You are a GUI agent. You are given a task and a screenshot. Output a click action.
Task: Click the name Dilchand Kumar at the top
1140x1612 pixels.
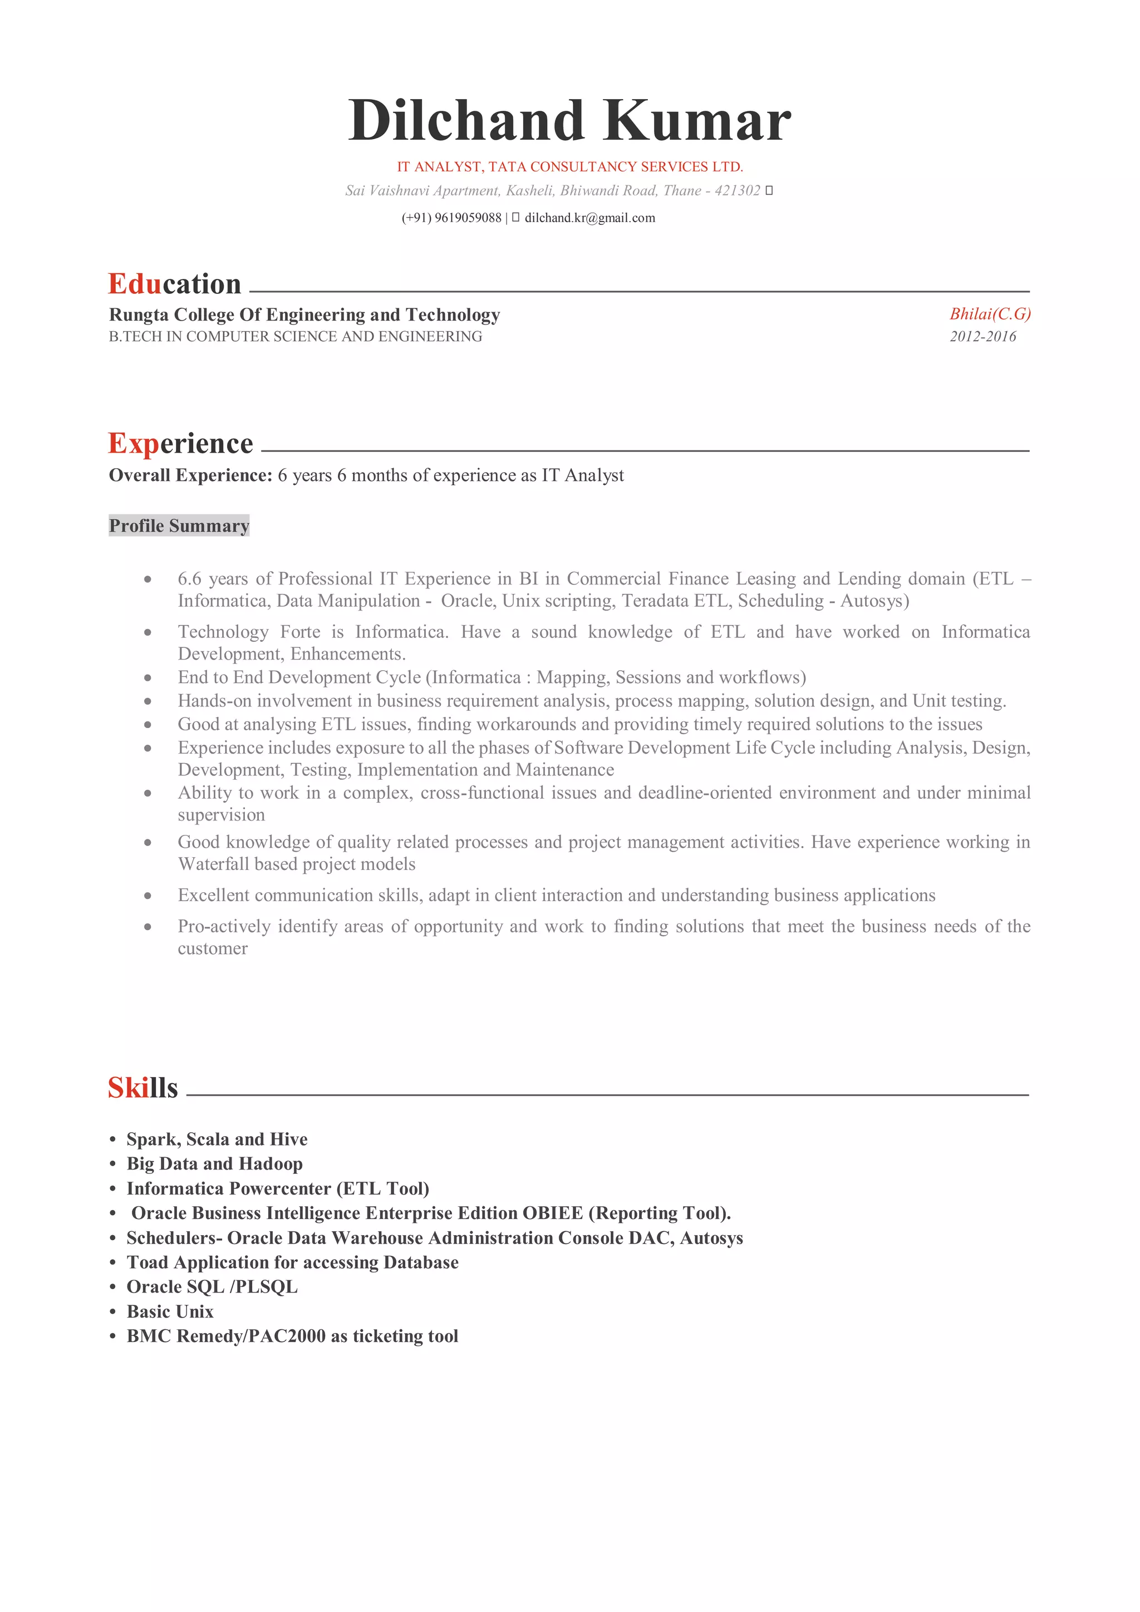click(x=569, y=121)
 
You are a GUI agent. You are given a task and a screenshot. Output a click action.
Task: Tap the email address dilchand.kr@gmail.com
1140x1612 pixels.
click(x=589, y=218)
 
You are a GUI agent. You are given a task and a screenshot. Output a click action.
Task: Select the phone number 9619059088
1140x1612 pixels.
click(x=468, y=218)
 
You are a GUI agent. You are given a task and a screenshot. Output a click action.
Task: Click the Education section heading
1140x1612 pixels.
click(x=174, y=284)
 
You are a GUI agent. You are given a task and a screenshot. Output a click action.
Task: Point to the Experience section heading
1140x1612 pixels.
click(x=180, y=443)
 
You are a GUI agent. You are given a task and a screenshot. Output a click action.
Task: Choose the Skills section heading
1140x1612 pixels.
click(x=142, y=1088)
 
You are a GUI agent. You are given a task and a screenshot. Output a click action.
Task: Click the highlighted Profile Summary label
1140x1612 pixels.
click(x=179, y=526)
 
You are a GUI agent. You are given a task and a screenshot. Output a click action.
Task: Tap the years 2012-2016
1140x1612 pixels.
click(x=983, y=336)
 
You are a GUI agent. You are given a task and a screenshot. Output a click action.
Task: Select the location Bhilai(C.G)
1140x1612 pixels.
click(x=990, y=314)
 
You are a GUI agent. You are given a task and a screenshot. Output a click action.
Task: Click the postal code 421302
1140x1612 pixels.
click(x=737, y=190)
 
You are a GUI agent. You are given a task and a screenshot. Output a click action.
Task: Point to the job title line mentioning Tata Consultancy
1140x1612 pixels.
click(x=569, y=166)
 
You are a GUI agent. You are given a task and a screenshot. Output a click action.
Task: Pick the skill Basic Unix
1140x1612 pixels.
click(x=170, y=1311)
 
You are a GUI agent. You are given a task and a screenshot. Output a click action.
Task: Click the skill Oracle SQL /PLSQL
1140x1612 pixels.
click(x=212, y=1287)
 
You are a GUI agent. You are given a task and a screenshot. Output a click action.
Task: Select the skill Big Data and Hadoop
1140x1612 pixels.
click(x=214, y=1163)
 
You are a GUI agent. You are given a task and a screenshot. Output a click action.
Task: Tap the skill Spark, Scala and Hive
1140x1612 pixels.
click(x=217, y=1139)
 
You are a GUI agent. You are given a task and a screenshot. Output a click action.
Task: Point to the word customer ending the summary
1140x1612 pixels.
click(x=213, y=948)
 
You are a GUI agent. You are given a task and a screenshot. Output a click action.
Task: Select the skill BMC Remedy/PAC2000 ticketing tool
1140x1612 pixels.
click(x=292, y=1336)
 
